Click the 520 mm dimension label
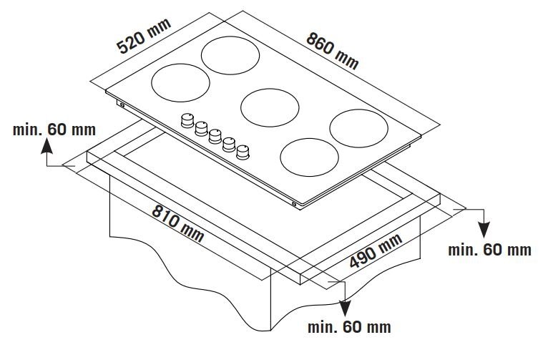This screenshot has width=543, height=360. [144, 36]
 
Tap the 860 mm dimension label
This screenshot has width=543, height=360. [333, 51]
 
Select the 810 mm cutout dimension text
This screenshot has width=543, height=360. [178, 223]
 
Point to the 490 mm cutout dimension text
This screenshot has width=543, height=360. [376, 251]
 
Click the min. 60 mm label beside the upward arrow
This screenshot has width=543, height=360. [54, 130]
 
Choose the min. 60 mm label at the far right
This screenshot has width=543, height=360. [489, 250]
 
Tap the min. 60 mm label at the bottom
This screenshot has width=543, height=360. [349, 327]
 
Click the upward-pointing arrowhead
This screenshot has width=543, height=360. [47, 145]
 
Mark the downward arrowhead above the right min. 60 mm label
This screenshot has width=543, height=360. [484, 230]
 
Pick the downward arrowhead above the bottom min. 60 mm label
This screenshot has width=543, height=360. [345, 308]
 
